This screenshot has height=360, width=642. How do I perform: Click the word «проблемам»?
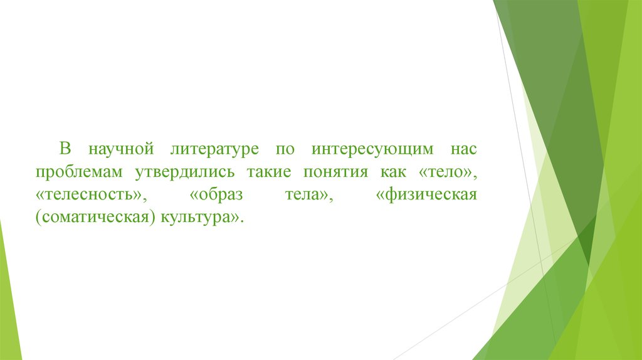coord(78,173)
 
